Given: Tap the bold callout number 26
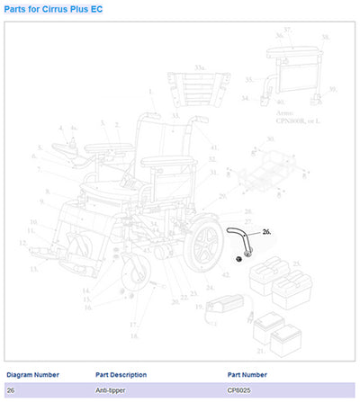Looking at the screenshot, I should (266, 231).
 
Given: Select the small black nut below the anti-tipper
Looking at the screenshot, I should (238, 259).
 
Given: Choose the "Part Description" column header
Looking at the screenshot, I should (121, 374).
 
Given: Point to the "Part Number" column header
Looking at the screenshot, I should (247, 374).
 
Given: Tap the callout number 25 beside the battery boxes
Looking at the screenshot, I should (294, 264).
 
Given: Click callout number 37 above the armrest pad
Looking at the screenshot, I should (288, 30).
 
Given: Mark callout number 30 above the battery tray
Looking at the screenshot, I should (270, 139).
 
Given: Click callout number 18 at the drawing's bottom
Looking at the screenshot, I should (135, 335).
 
